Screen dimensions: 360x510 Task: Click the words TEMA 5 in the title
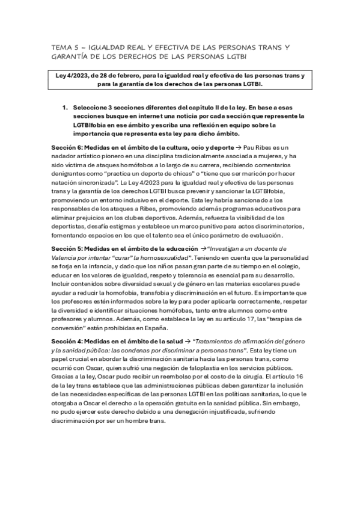tap(61, 46)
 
